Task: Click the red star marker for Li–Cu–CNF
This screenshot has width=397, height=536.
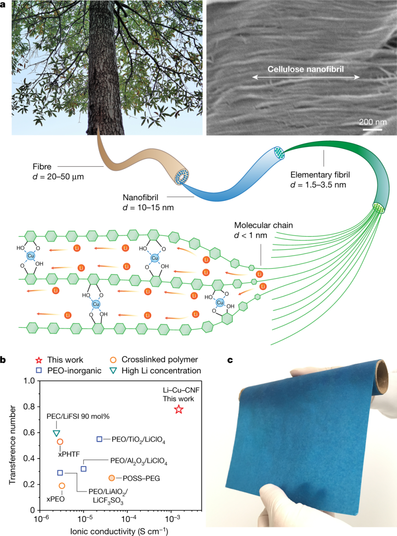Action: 179,409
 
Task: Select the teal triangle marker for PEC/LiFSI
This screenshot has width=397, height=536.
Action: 56,433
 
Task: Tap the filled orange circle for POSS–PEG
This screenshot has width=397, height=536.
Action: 112,478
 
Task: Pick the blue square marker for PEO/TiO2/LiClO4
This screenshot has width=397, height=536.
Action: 99,439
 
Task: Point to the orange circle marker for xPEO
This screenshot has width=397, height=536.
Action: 62,486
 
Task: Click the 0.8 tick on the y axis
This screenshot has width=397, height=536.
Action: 29,407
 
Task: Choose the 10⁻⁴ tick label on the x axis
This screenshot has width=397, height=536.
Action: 128,519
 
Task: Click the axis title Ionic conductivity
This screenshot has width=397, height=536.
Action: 119,531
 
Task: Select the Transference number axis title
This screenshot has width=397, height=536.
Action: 12,445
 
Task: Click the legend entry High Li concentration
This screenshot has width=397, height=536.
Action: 161,370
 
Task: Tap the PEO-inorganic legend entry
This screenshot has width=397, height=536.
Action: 74,370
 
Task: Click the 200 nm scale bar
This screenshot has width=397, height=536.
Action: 372,129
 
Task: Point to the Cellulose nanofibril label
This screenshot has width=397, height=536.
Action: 305,69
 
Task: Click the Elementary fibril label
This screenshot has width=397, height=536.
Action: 320,175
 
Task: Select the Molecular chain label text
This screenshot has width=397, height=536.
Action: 263,225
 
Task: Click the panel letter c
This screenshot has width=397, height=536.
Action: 230,360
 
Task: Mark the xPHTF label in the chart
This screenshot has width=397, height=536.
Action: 69,454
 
